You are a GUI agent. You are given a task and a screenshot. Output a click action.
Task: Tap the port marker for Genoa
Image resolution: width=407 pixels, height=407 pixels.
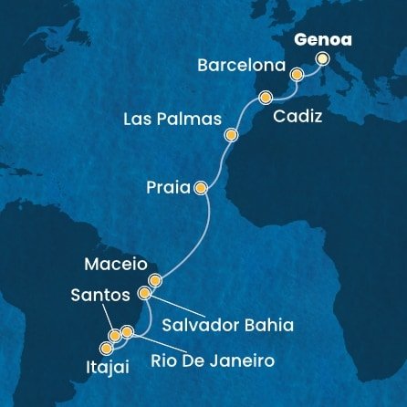(322, 59)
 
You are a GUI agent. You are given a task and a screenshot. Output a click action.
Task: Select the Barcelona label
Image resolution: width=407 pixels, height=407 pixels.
(242, 67)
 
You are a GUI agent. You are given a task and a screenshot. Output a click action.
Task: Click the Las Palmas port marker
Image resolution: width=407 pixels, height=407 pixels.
(232, 134)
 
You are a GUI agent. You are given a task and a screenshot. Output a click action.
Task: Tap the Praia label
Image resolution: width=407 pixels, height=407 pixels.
(167, 189)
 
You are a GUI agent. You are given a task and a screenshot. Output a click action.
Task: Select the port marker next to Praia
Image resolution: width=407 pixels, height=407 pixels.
(200, 189)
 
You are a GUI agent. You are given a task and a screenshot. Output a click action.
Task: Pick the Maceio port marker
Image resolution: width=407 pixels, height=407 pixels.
(155, 280)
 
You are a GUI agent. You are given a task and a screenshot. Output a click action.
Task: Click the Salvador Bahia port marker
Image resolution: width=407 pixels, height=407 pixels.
(144, 294)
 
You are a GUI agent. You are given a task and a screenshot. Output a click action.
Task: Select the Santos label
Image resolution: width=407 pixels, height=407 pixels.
(99, 297)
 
